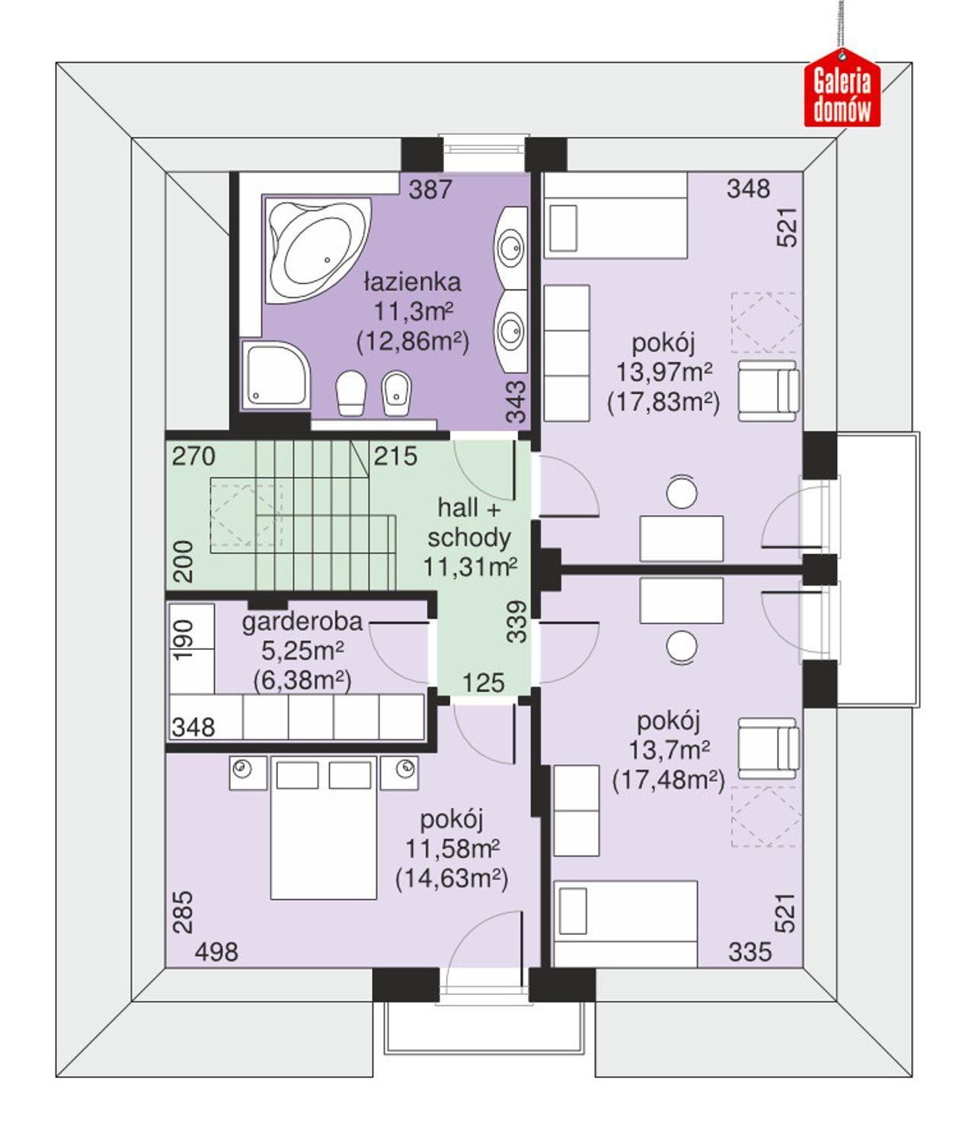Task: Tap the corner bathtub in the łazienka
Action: click(x=317, y=251)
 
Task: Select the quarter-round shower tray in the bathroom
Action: click(x=276, y=374)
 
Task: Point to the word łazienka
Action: click(x=413, y=282)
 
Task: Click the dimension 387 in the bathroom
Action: click(x=430, y=190)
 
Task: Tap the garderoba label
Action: click(x=302, y=622)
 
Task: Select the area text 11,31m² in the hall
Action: click(x=470, y=566)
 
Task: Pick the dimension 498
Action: click(x=216, y=952)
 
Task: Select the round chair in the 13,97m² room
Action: click(x=682, y=492)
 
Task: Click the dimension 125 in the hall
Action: click(x=483, y=683)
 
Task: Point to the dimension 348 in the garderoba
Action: click(x=193, y=728)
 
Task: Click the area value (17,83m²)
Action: click(x=663, y=402)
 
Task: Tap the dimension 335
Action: click(x=750, y=952)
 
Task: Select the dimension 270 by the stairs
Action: click(x=193, y=456)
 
